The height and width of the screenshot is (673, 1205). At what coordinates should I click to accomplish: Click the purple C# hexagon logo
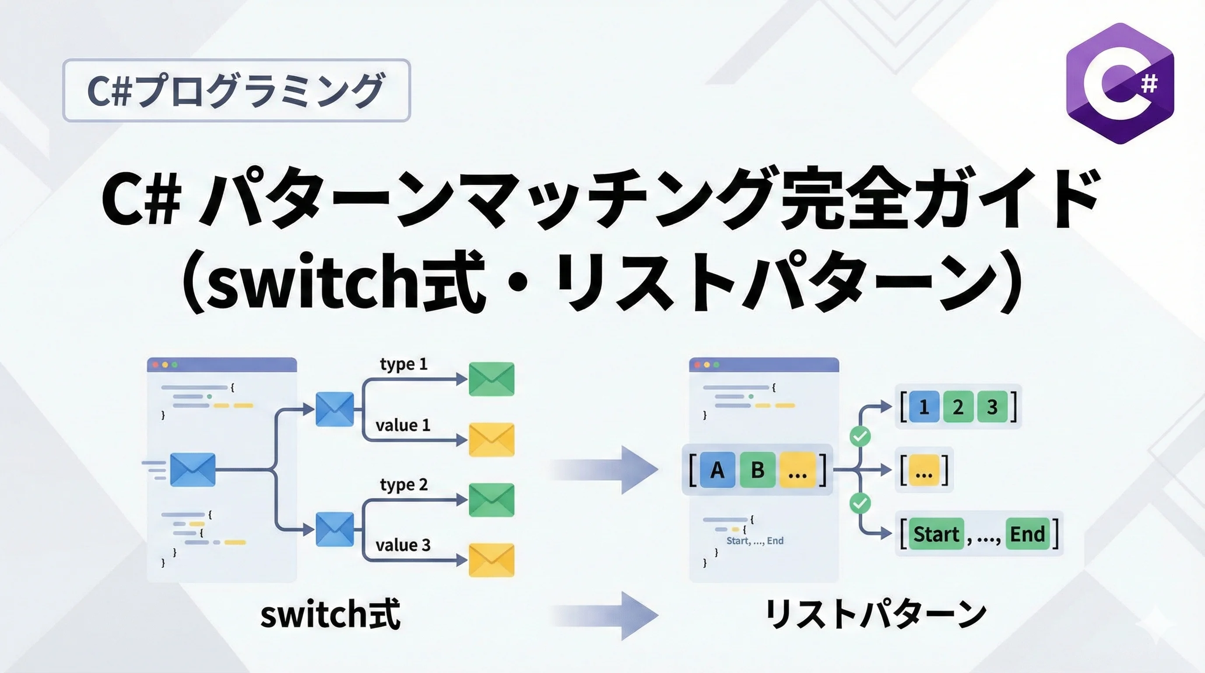(1120, 83)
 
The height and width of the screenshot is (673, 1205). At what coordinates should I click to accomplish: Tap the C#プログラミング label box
(236, 90)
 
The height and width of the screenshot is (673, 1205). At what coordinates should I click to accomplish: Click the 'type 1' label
(404, 364)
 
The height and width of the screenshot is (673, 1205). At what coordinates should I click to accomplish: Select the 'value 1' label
(403, 425)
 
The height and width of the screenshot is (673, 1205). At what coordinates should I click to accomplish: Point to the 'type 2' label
(404, 485)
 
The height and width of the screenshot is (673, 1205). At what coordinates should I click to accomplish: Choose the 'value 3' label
(403, 545)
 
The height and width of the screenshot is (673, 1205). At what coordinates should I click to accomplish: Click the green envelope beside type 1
(491, 379)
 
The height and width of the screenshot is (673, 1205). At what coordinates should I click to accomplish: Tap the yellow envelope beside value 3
(491, 560)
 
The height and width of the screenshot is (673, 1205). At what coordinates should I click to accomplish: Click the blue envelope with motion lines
(193, 469)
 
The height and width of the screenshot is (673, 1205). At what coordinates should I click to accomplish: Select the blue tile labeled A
(718, 470)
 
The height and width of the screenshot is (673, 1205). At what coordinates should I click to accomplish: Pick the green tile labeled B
(758, 470)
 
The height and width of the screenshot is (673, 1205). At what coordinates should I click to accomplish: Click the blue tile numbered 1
(923, 407)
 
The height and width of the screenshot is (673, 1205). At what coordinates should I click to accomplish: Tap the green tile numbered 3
(992, 407)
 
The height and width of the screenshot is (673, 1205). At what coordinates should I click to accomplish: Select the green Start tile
(936, 534)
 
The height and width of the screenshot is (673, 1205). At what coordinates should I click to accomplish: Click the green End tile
(1027, 534)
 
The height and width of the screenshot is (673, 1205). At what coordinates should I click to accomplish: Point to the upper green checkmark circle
(860, 437)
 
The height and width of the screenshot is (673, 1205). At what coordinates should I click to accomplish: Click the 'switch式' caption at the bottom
(330, 614)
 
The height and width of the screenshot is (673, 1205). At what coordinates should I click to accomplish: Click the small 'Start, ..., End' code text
(754, 541)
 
